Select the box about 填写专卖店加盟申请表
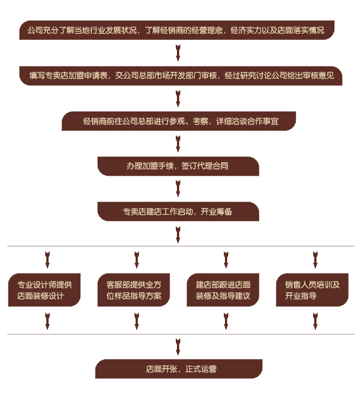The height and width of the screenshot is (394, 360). pyautogui.click(x=177, y=75)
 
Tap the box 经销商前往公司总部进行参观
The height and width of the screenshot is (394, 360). pyautogui.click(x=178, y=121)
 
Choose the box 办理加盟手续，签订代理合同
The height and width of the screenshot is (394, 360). pyautogui.click(x=178, y=166)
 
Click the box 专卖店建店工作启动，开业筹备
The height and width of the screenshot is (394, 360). pyautogui.click(x=178, y=212)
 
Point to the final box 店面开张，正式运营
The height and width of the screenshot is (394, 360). pyautogui.click(x=178, y=368)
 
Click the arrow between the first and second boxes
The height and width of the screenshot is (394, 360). pyautogui.click(x=178, y=52)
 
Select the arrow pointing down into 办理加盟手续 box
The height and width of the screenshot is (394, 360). pyautogui.click(x=178, y=143)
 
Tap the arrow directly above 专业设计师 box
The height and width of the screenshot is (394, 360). pyautogui.click(x=47, y=260)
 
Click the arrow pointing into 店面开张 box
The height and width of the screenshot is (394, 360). pyautogui.click(x=178, y=346)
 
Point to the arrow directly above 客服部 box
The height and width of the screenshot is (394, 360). pyautogui.click(x=136, y=260)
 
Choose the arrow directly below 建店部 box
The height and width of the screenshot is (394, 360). pyautogui.click(x=226, y=320)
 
